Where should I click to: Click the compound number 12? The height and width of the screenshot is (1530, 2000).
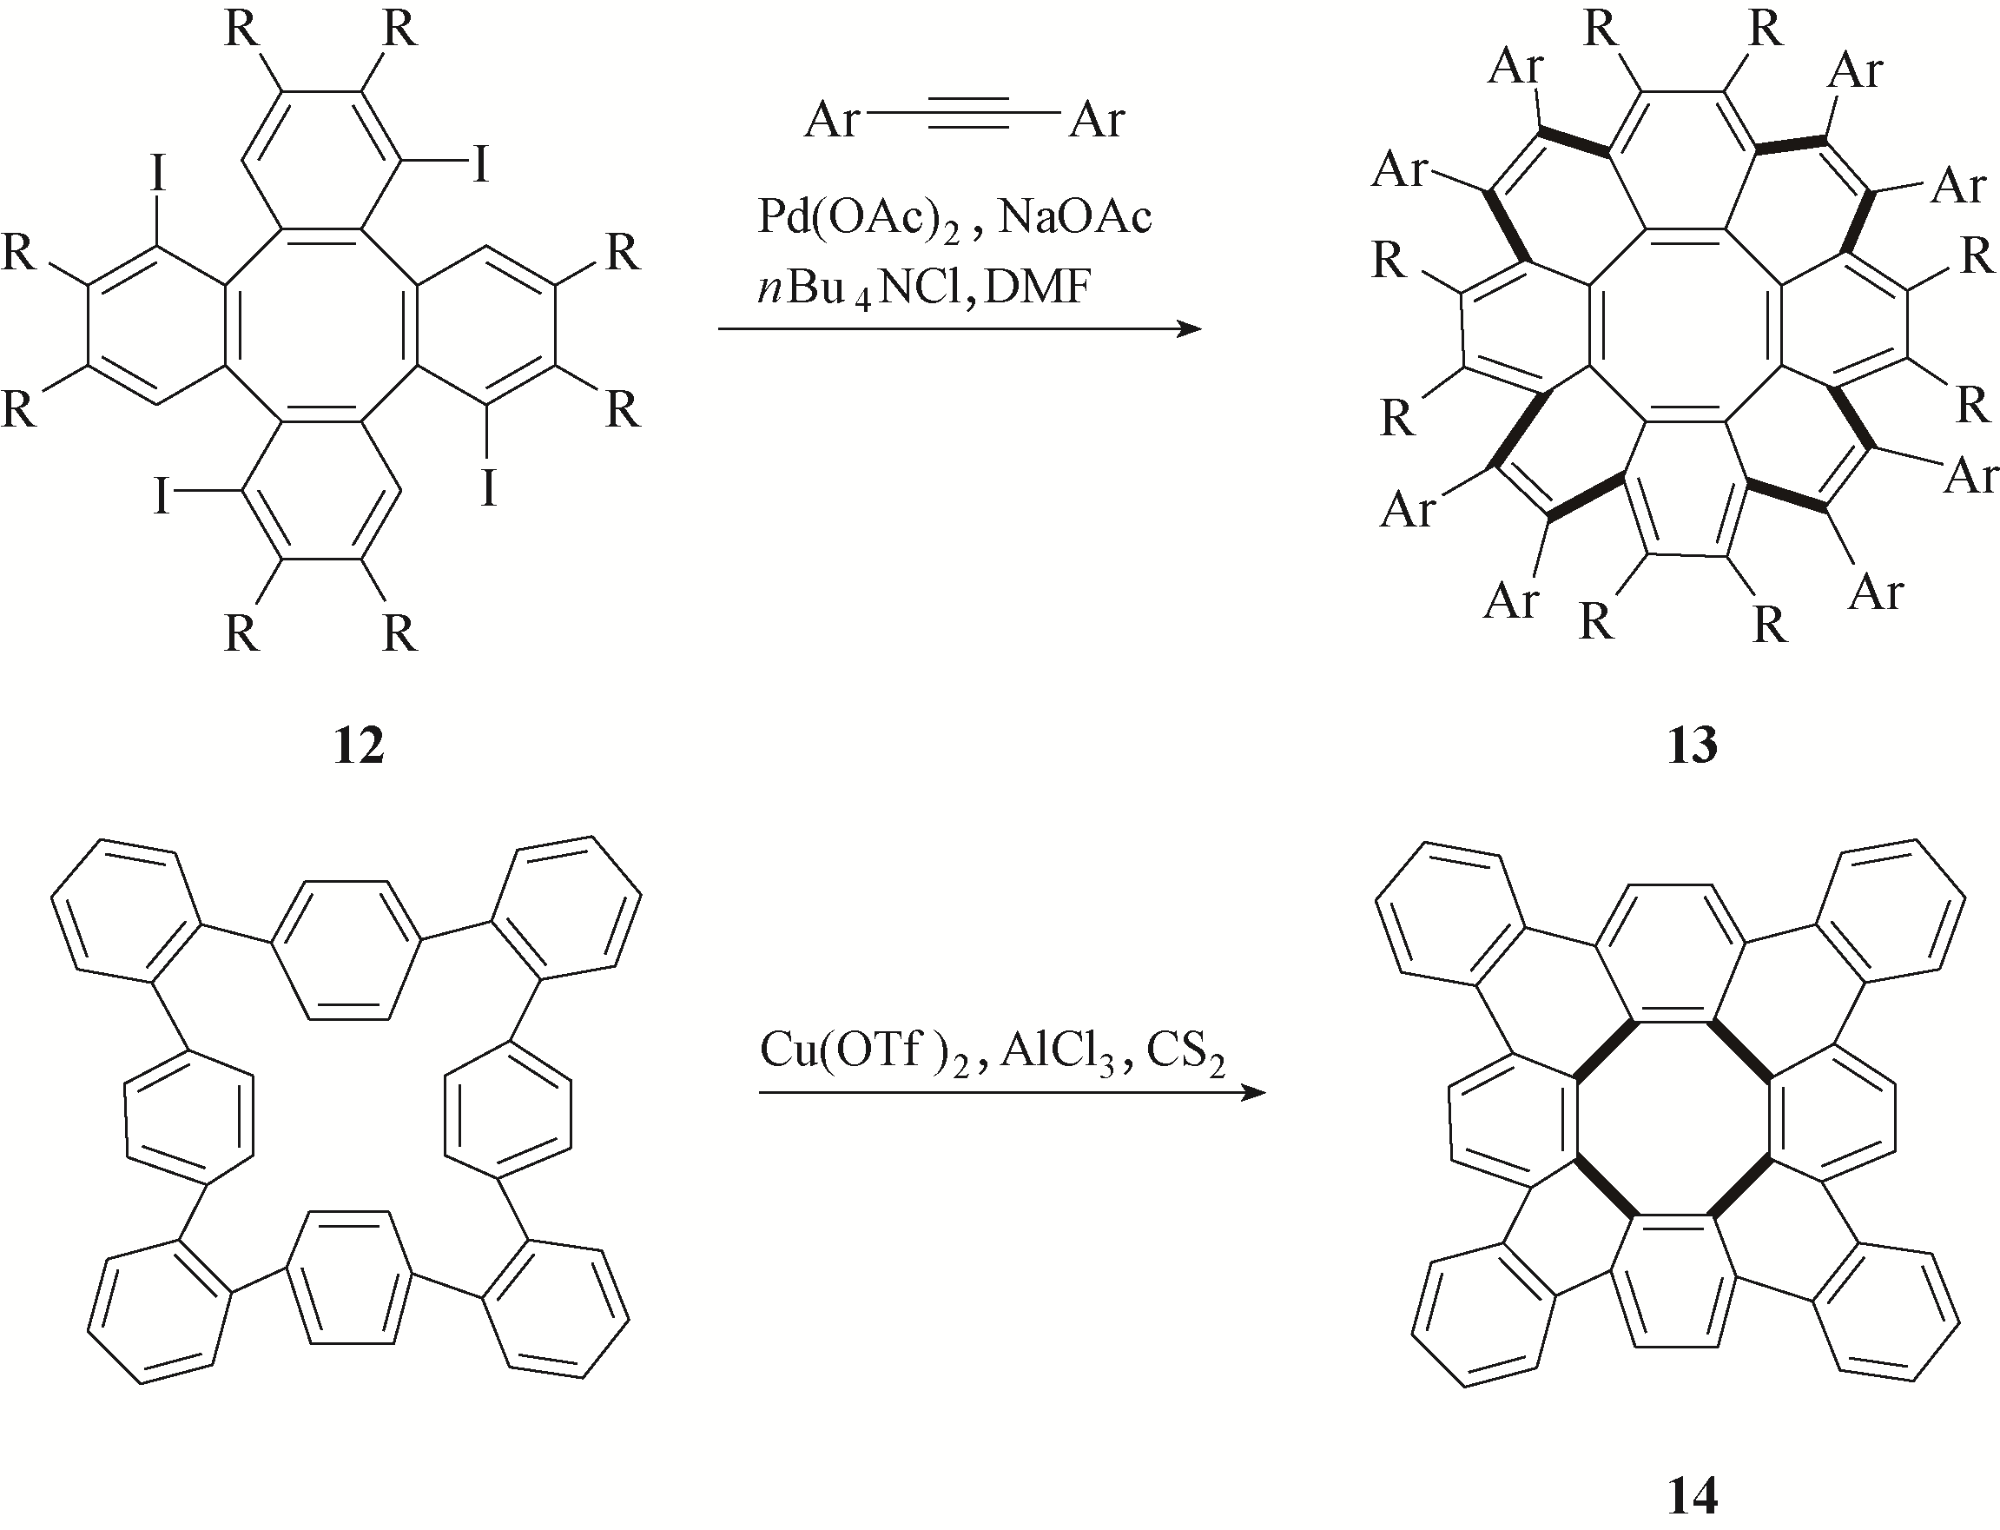(x=359, y=745)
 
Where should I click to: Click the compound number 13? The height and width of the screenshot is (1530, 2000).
(x=1693, y=745)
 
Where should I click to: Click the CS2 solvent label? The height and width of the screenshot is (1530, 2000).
(x=1184, y=1053)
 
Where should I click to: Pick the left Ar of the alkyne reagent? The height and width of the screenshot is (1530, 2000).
(x=830, y=119)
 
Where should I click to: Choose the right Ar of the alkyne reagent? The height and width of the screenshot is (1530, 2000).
(x=1097, y=119)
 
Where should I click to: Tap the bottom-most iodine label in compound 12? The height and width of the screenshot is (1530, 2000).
(x=162, y=496)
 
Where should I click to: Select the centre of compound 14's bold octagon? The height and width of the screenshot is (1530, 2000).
(x=1673, y=1119)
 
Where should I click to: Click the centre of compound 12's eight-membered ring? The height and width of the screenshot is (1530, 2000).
(x=321, y=326)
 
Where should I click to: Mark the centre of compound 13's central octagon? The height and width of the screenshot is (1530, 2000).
(x=1685, y=326)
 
